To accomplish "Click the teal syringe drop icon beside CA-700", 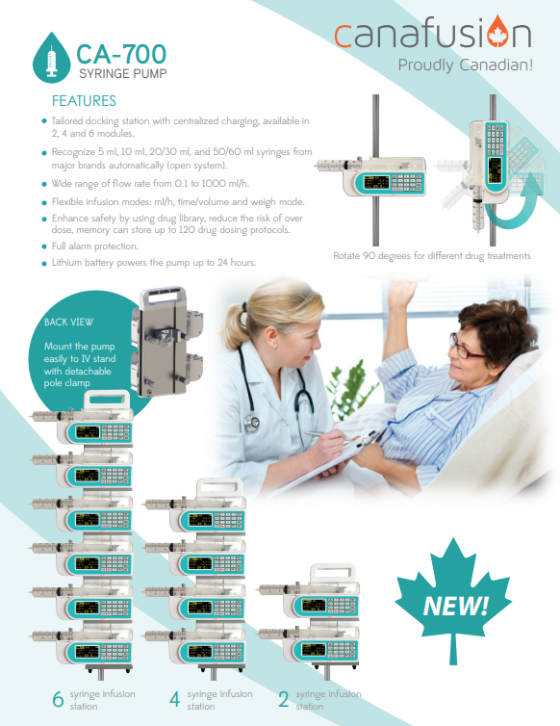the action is point(51,58).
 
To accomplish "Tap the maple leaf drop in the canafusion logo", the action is point(497,32).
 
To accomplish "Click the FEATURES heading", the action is point(84,101).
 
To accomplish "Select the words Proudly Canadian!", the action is point(465,65).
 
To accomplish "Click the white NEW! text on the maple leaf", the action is point(455,605).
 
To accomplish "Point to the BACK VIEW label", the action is point(68,322).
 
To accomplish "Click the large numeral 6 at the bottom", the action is point(58,699).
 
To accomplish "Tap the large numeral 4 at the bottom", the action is point(174,699).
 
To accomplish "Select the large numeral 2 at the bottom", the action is point(284,699).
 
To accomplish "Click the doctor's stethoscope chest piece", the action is point(252,423).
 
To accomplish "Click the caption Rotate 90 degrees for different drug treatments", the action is point(432,255).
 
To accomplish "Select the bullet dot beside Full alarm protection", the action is point(44,246).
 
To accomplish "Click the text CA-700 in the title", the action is point(121,54).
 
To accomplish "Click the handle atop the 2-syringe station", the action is point(333,572).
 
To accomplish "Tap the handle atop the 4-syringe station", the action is point(219,487).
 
